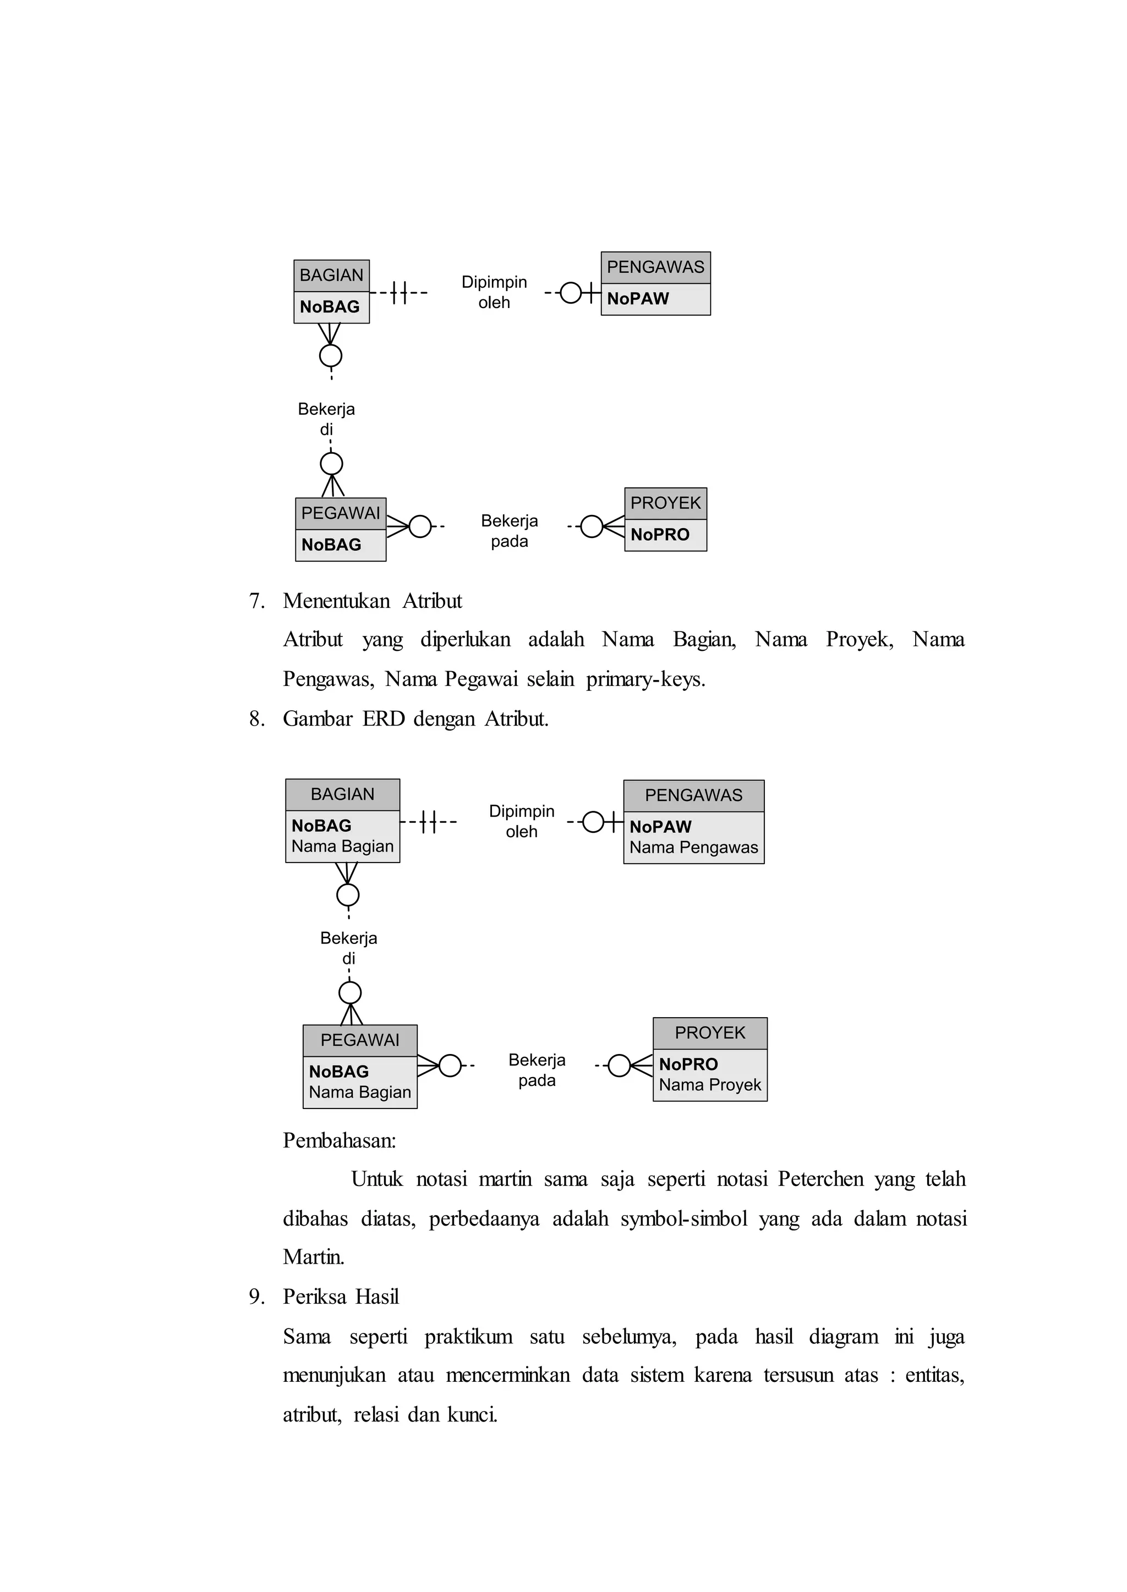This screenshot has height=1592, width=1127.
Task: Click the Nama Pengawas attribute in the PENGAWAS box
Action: point(693,847)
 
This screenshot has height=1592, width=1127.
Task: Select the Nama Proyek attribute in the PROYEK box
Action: point(709,1084)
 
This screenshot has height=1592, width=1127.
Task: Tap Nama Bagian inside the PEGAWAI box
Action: point(359,1092)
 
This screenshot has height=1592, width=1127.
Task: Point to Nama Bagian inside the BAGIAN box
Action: point(342,846)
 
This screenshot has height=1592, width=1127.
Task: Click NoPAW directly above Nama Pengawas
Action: point(660,826)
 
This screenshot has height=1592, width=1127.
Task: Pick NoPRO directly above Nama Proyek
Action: point(688,1063)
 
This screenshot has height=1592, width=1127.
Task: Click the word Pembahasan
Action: point(338,1140)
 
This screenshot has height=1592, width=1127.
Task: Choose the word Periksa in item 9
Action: point(311,1297)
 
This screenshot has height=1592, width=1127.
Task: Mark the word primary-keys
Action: point(645,679)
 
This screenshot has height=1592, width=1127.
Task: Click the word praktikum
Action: point(468,1336)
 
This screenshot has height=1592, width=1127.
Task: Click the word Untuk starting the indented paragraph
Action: point(376,1179)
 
